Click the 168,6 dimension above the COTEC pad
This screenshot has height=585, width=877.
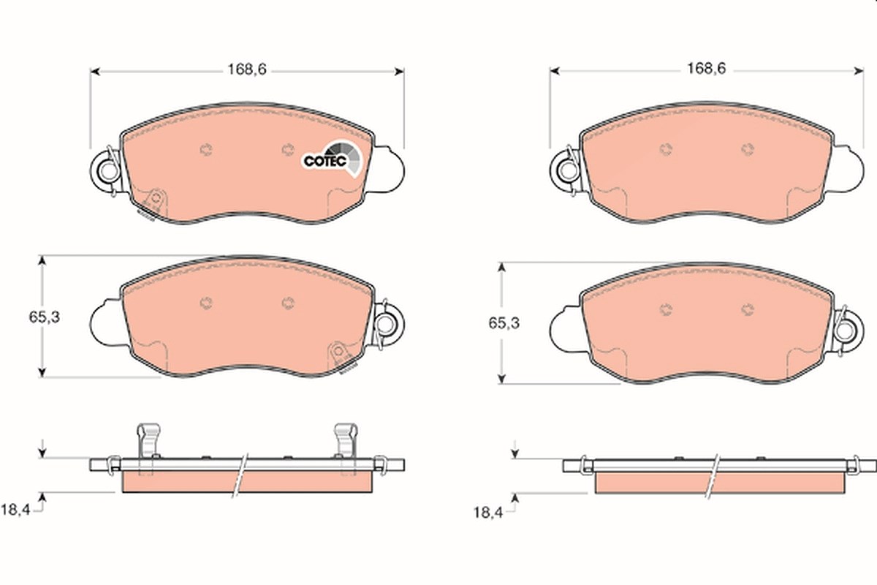click(x=247, y=69)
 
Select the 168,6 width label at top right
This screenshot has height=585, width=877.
click(x=707, y=69)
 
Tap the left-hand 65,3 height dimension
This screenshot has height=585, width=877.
click(x=45, y=317)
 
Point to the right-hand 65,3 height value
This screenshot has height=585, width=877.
click(x=504, y=323)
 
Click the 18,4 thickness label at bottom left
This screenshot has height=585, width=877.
click(x=15, y=510)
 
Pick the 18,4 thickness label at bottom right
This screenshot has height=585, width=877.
click(x=488, y=513)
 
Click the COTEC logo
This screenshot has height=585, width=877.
click(x=333, y=159)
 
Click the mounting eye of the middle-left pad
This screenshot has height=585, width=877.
click(x=386, y=324)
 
